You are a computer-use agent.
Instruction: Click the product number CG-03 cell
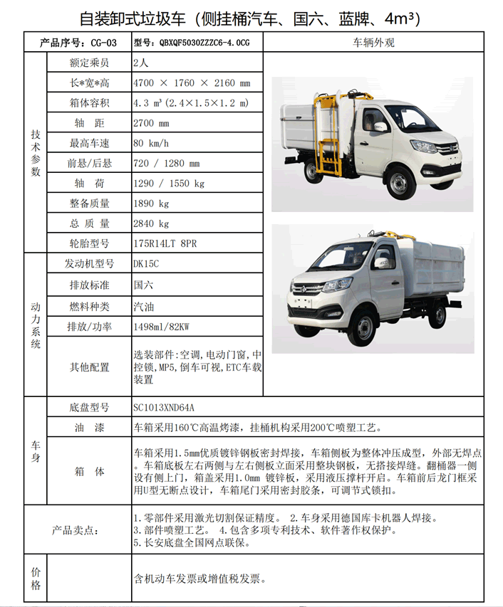pyautogui.click(x=78, y=43)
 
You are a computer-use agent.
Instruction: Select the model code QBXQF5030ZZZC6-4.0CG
pyautogui.click(x=192, y=43)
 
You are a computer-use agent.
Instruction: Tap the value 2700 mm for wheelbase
pyautogui.click(x=153, y=123)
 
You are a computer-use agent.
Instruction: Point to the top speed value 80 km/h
pyautogui.click(x=152, y=143)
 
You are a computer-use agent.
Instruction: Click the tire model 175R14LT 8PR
pyautogui.click(x=165, y=243)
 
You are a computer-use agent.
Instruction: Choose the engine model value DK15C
pyautogui.click(x=146, y=264)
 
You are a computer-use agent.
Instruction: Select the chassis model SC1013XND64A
pyautogui.click(x=163, y=408)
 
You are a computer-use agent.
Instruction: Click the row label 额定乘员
pyautogui.click(x=89, y=63)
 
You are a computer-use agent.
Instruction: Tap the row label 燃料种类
pyautogui.click(x=89, y=307)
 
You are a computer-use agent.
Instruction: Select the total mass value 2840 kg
pyautogui.click(x=151, y=223)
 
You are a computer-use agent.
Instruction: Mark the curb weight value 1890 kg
pyautogui.click(x=151, y=204)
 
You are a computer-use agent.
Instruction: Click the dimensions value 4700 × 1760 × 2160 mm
pyautogui.click(x=192, y=83)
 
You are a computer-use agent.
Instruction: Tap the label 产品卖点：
pyautogui.click(x=79, y=530)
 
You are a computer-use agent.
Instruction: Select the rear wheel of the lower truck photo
pyautogui.click(x=437, y=315)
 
